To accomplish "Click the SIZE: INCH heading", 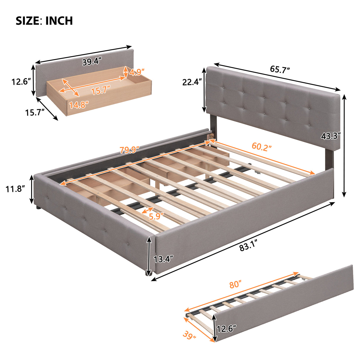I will pyautogui.click(x=44, y=21).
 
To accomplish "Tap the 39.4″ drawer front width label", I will pyautogui.click(x=92, y=62).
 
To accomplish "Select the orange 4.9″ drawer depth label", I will pyautogui.click(x=137, y=72).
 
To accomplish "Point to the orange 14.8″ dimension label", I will pyautogui.click(x=79, y=105).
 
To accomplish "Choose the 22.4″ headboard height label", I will pyautogui.click(x=192, y=82).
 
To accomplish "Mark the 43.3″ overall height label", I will pyautogui.click(x=330, y=136).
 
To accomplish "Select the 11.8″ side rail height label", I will pyautogui.click(x=15, y=189).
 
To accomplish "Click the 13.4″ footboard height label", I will pyautogui.click(x=163, y=259).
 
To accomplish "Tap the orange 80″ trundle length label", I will pyautogui.click(x=235, y=285).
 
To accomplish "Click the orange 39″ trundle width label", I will pyautogui.click(x=189, y=336).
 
